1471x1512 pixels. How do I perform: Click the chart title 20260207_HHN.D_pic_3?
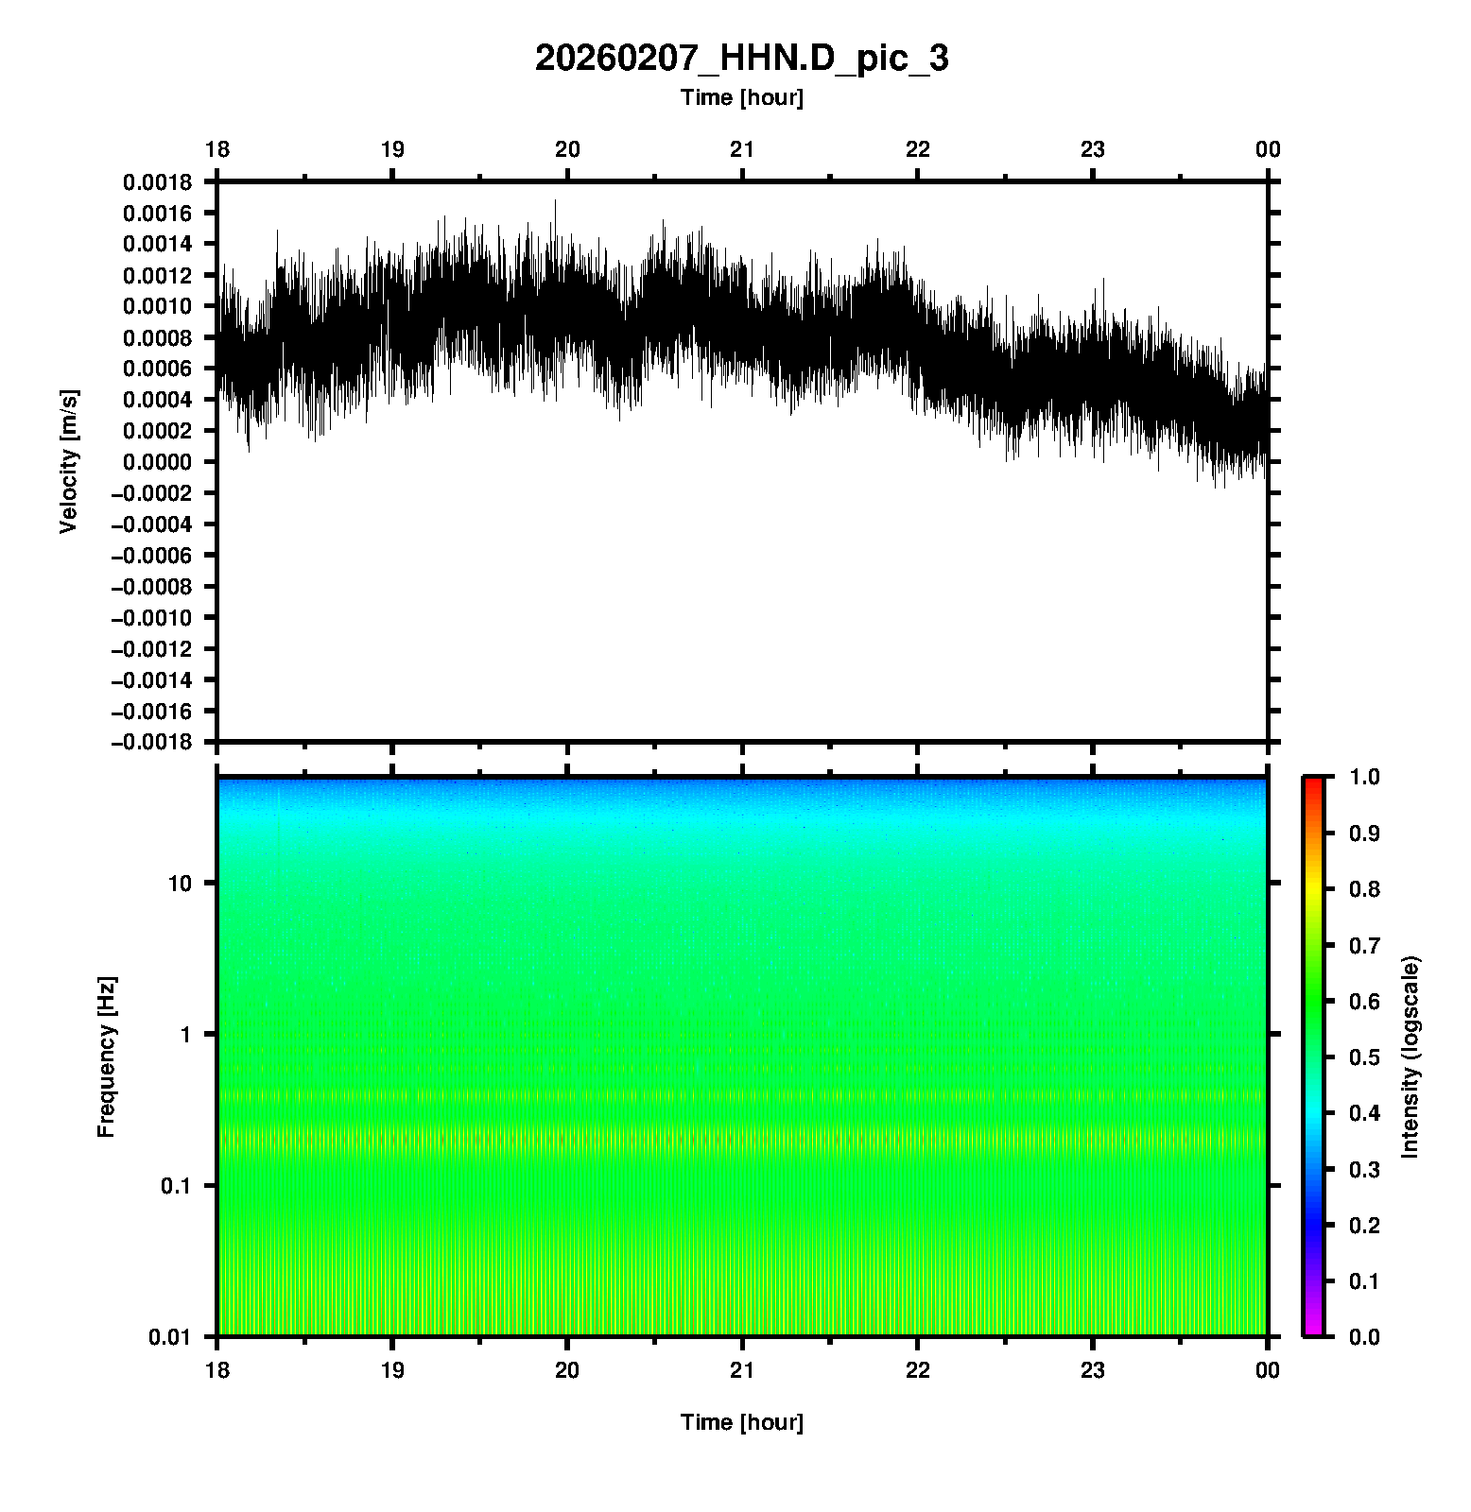(x=741, y=59)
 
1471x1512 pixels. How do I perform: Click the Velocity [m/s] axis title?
(x=68, y=461)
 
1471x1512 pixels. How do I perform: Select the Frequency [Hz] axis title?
(x=106, y=1057)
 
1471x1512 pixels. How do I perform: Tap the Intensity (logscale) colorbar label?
(x=1410, y=1057)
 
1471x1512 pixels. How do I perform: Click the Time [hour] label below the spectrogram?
(x=741, y=1422)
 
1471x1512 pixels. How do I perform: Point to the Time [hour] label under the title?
(x=741, y=97)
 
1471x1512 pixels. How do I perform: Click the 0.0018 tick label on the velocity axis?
(x=157, y=182)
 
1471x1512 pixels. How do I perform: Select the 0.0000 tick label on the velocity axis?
(x=157, y=462)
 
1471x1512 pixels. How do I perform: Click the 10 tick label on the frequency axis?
(x=180, y=884)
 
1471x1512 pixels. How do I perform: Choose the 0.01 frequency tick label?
(x=171, y=1336)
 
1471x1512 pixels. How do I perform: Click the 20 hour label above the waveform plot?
(x=567, y=149)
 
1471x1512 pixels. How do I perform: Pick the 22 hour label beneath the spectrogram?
(x=918, y=1370)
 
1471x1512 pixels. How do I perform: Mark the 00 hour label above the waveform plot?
(x=1268, y=149)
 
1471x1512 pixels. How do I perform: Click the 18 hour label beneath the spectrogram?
(x=217, y=1370)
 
